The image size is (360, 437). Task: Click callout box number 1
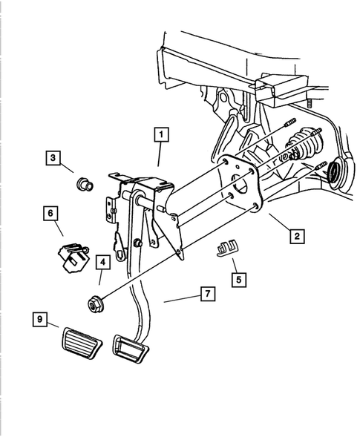162,135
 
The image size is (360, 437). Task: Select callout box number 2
297,237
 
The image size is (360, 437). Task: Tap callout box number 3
53,158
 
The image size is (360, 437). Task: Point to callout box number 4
103,262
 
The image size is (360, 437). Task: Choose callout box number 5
239,280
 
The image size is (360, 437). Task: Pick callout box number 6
50,214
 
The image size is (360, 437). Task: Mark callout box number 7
208,294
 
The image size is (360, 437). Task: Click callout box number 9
40,319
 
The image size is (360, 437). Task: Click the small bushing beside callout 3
85,184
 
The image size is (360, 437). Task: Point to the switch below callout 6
74,257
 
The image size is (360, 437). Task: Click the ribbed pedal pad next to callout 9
82,344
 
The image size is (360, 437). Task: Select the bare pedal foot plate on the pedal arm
130,349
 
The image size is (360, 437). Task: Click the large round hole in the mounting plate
240,185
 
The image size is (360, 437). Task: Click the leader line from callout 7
182,299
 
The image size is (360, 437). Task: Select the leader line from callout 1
160,154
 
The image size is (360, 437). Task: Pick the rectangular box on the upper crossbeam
281,88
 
